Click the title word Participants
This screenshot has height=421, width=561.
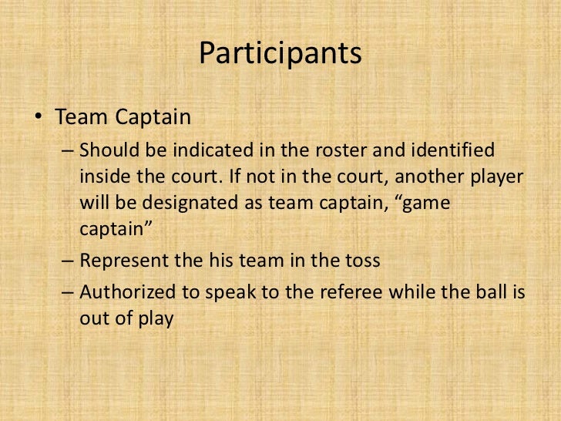click(280, 54)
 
